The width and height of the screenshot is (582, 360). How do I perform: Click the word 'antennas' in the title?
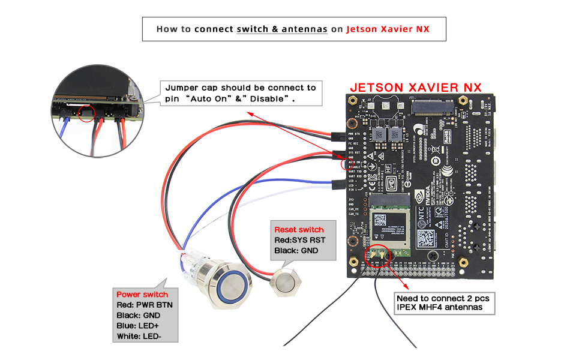[x=305, y=29]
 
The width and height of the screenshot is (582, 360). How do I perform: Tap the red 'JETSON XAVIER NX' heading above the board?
[x=416, y=87]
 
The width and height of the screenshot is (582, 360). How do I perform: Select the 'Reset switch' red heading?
[x=299, y=230]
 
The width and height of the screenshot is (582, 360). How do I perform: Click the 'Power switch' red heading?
[x=142, y=295]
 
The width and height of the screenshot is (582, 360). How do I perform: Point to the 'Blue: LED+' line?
[x=137, y=325]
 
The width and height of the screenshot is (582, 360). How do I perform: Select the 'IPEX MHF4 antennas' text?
[x=439, y=308]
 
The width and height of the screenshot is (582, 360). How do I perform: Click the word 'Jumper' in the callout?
[x=182, y=88]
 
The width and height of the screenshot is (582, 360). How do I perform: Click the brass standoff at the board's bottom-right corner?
[x=463, y=262]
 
